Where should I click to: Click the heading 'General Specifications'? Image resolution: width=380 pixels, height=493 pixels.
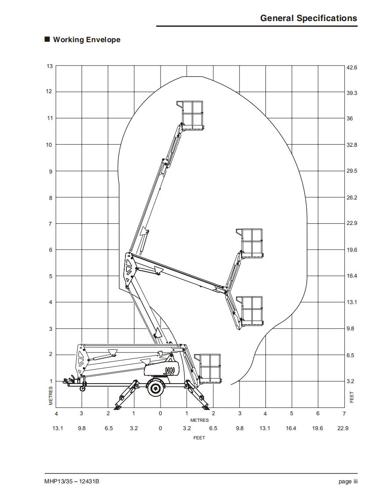[308, 18]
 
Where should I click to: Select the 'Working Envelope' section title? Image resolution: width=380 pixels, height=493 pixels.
[87, 40]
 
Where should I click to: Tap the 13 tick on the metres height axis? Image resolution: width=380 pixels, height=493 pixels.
[50, 66]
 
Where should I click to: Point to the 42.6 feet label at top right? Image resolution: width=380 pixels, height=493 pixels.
[352, 68]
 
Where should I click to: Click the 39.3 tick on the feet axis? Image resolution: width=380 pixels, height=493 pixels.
[352, 93]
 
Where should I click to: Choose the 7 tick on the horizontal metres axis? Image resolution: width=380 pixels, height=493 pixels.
[344, 414]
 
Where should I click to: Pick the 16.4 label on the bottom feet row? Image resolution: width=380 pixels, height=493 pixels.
[291, 428]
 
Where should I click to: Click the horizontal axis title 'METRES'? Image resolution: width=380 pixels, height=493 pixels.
[199, 420]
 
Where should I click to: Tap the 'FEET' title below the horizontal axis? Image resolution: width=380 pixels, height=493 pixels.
[199, 438]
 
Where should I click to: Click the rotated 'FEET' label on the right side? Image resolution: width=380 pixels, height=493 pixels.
[352, 397]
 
